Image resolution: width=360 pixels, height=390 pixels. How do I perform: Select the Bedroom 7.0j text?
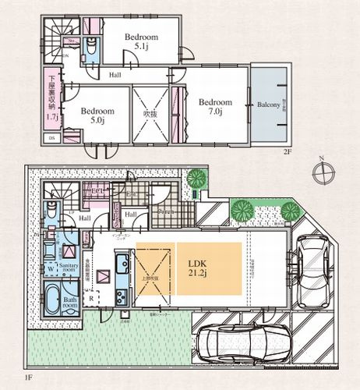click(x=214, y=107)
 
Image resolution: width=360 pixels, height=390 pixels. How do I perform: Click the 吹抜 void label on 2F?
click(x=150, y=114)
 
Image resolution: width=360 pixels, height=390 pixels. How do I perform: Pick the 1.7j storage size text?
click(x=51, y=117)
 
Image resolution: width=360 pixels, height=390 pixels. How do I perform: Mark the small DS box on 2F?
click(x=51, y=138)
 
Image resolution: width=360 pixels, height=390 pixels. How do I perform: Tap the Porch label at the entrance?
click(x=164, y=211)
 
